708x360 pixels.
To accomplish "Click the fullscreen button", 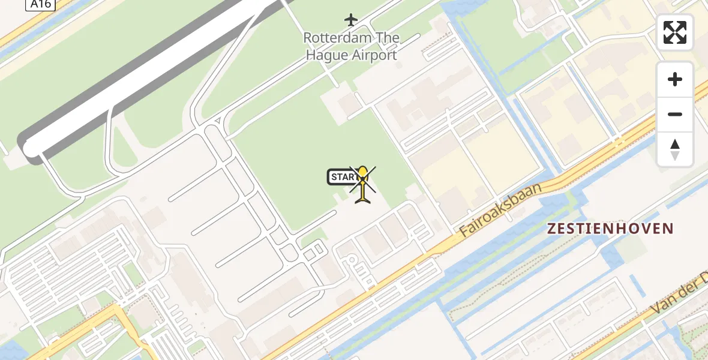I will [675, 32].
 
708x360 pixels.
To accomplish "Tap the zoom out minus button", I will [675, 114].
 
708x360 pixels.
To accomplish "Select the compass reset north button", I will [675, 149].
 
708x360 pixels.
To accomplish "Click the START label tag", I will [343, 177].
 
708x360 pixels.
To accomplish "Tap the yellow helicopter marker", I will [363, 184].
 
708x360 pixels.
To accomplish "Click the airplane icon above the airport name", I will [351, 20].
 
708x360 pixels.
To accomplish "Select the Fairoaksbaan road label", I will [501, 210].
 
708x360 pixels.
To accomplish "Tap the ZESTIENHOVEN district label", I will [610, 229].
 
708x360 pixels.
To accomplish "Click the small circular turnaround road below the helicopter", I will [352, 260].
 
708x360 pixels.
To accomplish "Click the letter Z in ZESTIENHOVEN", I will [551, 229].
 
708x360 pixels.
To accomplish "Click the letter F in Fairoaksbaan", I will [464, 233].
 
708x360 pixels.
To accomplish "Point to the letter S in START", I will [334, 177].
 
